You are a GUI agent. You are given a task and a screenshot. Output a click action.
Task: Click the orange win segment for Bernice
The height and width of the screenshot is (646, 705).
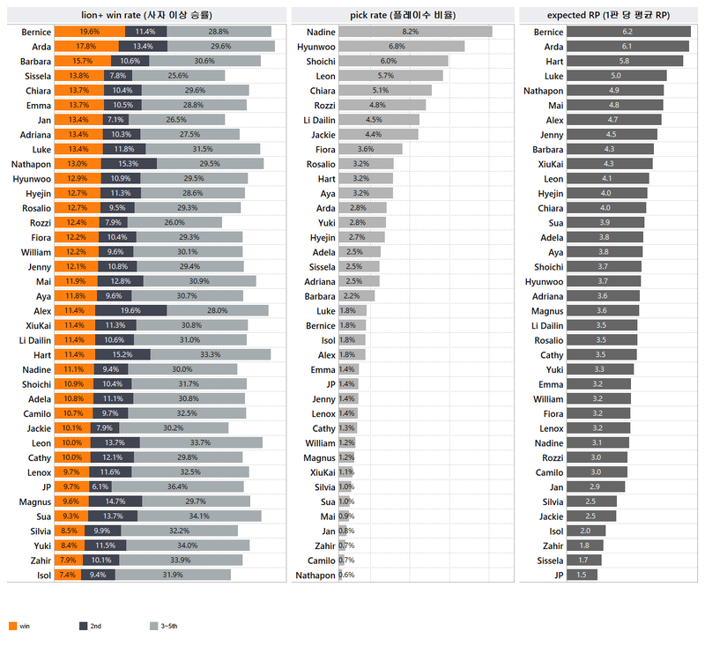click(85, 32)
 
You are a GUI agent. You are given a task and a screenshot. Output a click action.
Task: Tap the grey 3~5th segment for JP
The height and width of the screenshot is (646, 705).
click(176, 486)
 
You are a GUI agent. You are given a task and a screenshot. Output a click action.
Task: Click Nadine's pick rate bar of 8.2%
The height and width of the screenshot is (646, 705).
click(415, 32)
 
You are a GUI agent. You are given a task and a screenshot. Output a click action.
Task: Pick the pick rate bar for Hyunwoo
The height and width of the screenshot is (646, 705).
click(401, 46)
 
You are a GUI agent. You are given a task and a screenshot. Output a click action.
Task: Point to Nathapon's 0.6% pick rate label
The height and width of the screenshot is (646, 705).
click(346, 575)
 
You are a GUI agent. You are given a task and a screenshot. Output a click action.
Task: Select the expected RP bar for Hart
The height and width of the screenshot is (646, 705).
click(625, 61)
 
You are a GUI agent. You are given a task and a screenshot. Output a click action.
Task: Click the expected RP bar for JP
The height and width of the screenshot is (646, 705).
click(582, 575)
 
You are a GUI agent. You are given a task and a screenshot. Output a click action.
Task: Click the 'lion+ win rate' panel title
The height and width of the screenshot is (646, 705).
click(146, 15)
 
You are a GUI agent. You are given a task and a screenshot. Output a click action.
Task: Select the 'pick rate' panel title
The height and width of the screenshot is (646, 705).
click(403, 15)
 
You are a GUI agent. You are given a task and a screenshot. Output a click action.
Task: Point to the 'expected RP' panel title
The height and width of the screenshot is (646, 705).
click(608, 15)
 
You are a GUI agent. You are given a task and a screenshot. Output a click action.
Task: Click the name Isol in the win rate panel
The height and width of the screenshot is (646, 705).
click(41, 575)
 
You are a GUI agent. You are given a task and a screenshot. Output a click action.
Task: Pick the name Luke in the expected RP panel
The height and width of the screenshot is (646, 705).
click(553, 76)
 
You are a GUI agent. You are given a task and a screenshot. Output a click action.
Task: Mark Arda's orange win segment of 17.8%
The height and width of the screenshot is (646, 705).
click(82, 46)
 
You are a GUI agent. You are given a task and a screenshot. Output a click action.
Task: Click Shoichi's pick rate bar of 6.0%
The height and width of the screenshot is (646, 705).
click(393, 61)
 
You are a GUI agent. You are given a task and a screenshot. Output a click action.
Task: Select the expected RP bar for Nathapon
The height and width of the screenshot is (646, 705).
click(615, 90)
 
